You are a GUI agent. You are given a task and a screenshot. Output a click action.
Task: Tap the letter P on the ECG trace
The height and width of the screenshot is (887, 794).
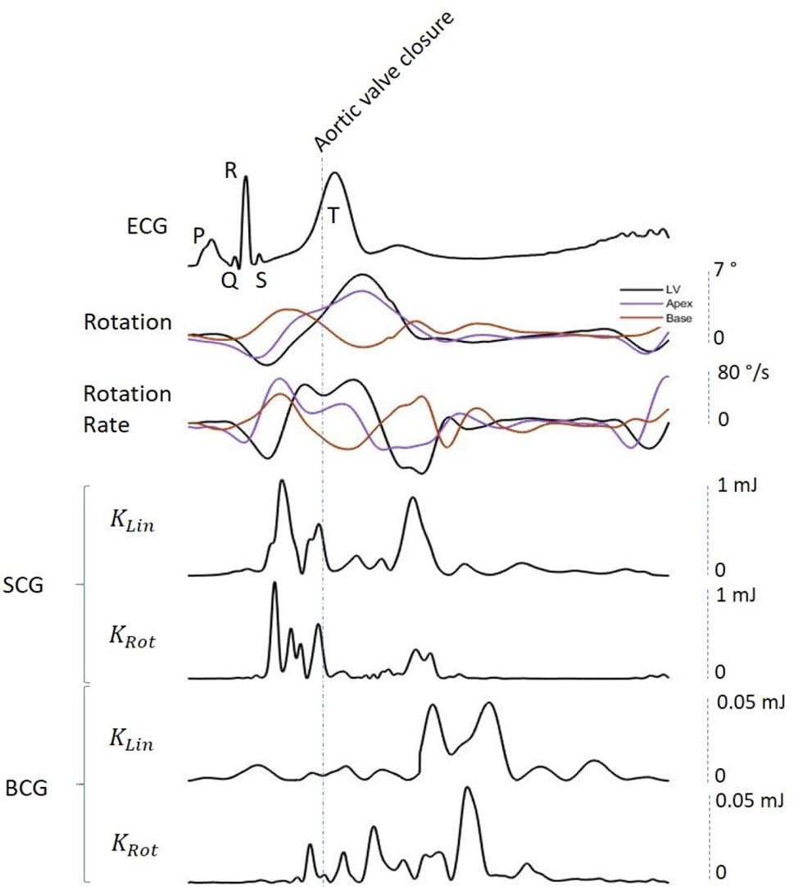click(198, 236)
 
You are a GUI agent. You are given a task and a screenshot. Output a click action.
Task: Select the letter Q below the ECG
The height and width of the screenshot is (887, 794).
click(229, 281)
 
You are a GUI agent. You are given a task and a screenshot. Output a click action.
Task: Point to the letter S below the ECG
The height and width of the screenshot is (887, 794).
click(260, 281)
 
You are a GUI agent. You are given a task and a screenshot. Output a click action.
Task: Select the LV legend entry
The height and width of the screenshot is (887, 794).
click(674, 290)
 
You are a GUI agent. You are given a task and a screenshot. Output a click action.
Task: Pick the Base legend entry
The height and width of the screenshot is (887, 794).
click(678, 317)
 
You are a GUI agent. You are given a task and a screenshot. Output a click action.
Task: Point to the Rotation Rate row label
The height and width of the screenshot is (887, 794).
click(127, 409)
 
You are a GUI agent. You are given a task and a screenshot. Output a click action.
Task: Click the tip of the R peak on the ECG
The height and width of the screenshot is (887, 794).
click(246, 178)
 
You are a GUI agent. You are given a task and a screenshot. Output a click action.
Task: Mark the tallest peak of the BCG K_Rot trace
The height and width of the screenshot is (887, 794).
click(467, 788)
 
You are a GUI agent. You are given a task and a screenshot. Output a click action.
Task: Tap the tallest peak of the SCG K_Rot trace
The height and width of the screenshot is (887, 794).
click(274, 583)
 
